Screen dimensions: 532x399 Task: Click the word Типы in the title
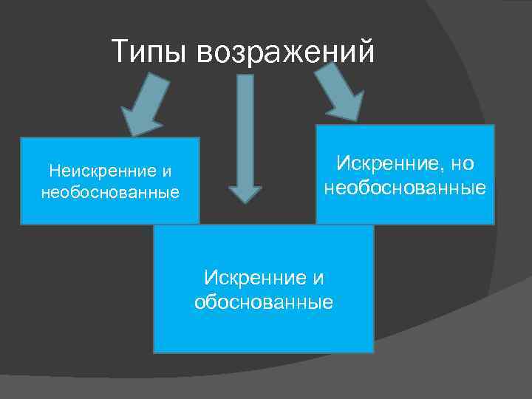click(151, 51)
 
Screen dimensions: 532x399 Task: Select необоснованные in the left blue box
click(110, 193)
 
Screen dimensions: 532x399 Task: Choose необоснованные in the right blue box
click(405, 188)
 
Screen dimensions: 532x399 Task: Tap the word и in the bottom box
click(319, 278)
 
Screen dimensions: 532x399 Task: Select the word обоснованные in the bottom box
click(263, 302)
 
